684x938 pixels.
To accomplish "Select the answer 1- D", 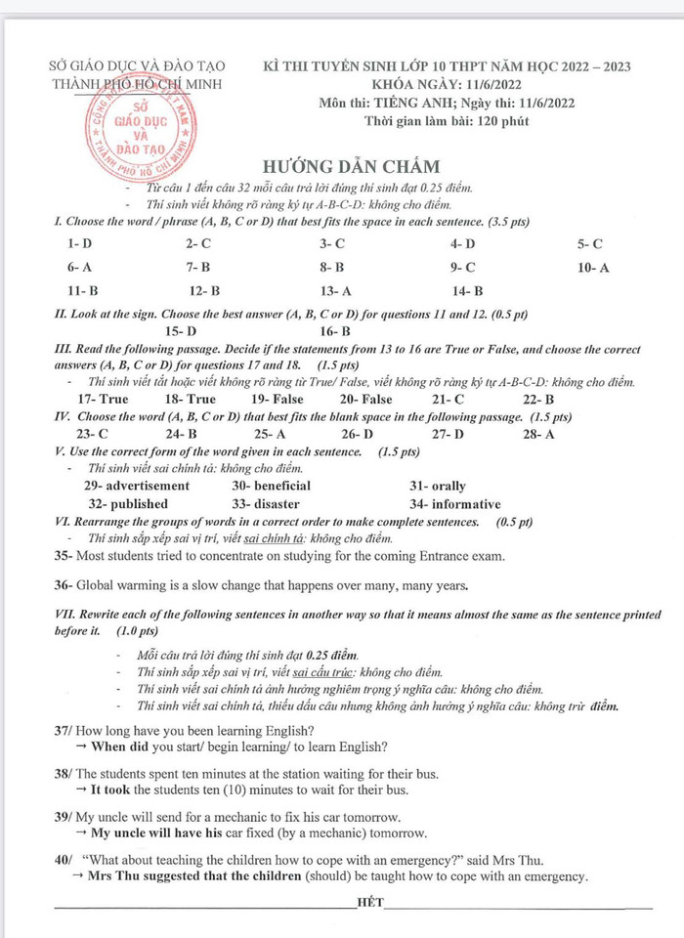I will [x=79, y=243].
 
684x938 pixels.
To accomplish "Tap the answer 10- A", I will [x=593, y=267].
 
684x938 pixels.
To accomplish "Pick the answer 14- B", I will [x=468, y=290].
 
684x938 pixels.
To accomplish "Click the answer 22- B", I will [x=538, y=399].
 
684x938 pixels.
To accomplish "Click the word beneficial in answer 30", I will [x=282, y=486].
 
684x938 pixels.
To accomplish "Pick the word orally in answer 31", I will [x=449, y=486].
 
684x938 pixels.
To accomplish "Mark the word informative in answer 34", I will [x=466, y=504].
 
